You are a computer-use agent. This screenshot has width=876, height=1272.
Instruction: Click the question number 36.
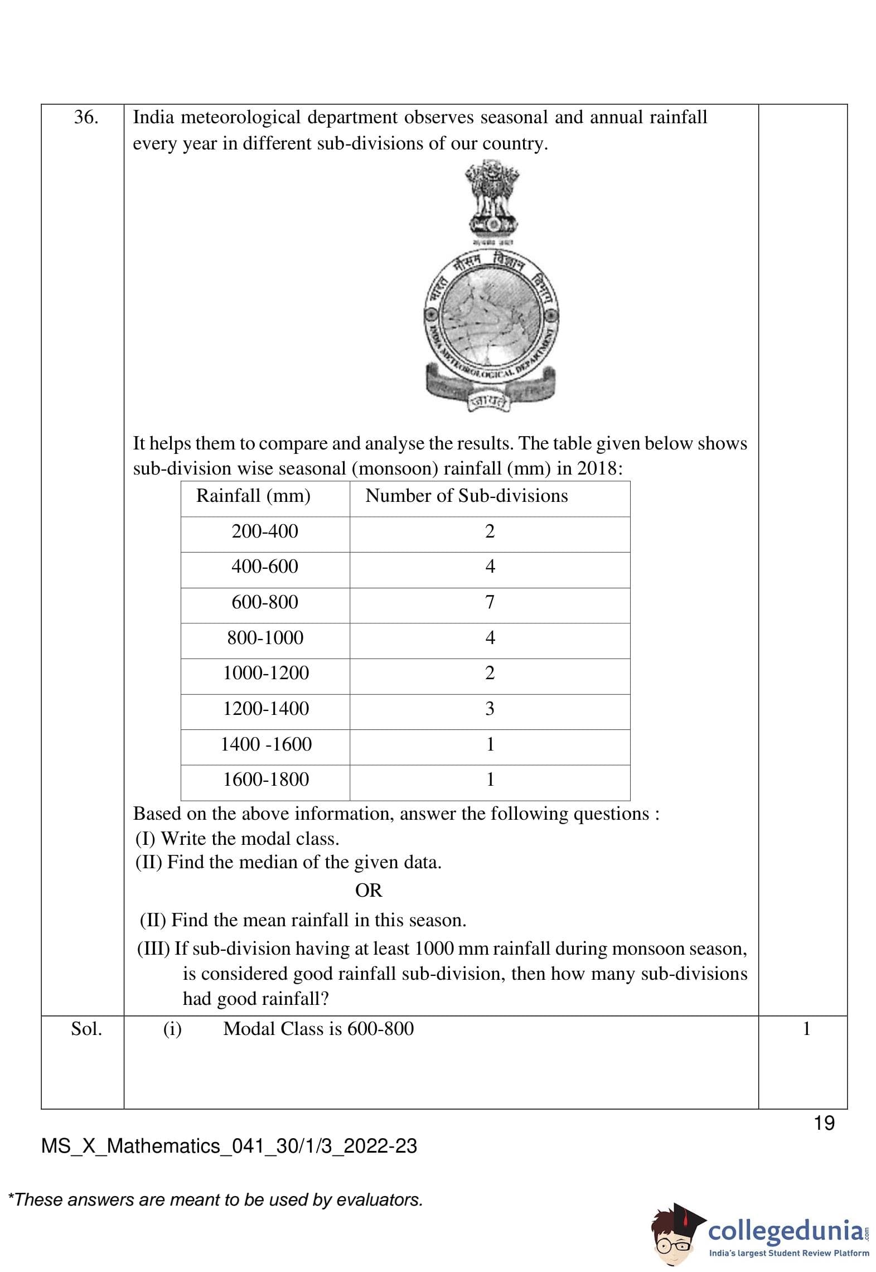pos(86,118)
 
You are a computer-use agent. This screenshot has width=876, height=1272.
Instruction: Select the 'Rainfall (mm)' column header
pos(253,496)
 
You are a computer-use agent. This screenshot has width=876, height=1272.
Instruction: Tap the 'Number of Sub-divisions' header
pos(466,496)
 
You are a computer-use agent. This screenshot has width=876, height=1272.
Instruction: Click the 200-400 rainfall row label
pos(265,531)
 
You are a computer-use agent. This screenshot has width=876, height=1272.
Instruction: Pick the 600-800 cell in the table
pos(265,602)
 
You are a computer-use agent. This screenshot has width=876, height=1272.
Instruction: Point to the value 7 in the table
pos(490,602)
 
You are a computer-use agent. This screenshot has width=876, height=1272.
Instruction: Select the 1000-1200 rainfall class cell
pos(266,673)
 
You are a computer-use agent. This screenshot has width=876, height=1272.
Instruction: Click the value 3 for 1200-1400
pos(490,709)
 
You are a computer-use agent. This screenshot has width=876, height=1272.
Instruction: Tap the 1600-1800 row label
pos(266,780)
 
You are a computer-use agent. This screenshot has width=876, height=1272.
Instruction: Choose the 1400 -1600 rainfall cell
pos(266,744)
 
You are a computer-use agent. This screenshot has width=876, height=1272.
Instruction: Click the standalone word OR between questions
pos(369,891)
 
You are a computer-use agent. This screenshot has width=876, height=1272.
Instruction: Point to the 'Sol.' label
pos(86,1029)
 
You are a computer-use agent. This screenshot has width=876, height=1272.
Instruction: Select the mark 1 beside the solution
pos(806,1029)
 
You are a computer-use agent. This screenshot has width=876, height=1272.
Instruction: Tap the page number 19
pos(824,1123)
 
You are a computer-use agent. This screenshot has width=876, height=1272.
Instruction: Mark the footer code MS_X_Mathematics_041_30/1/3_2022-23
pos(229,1146)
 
